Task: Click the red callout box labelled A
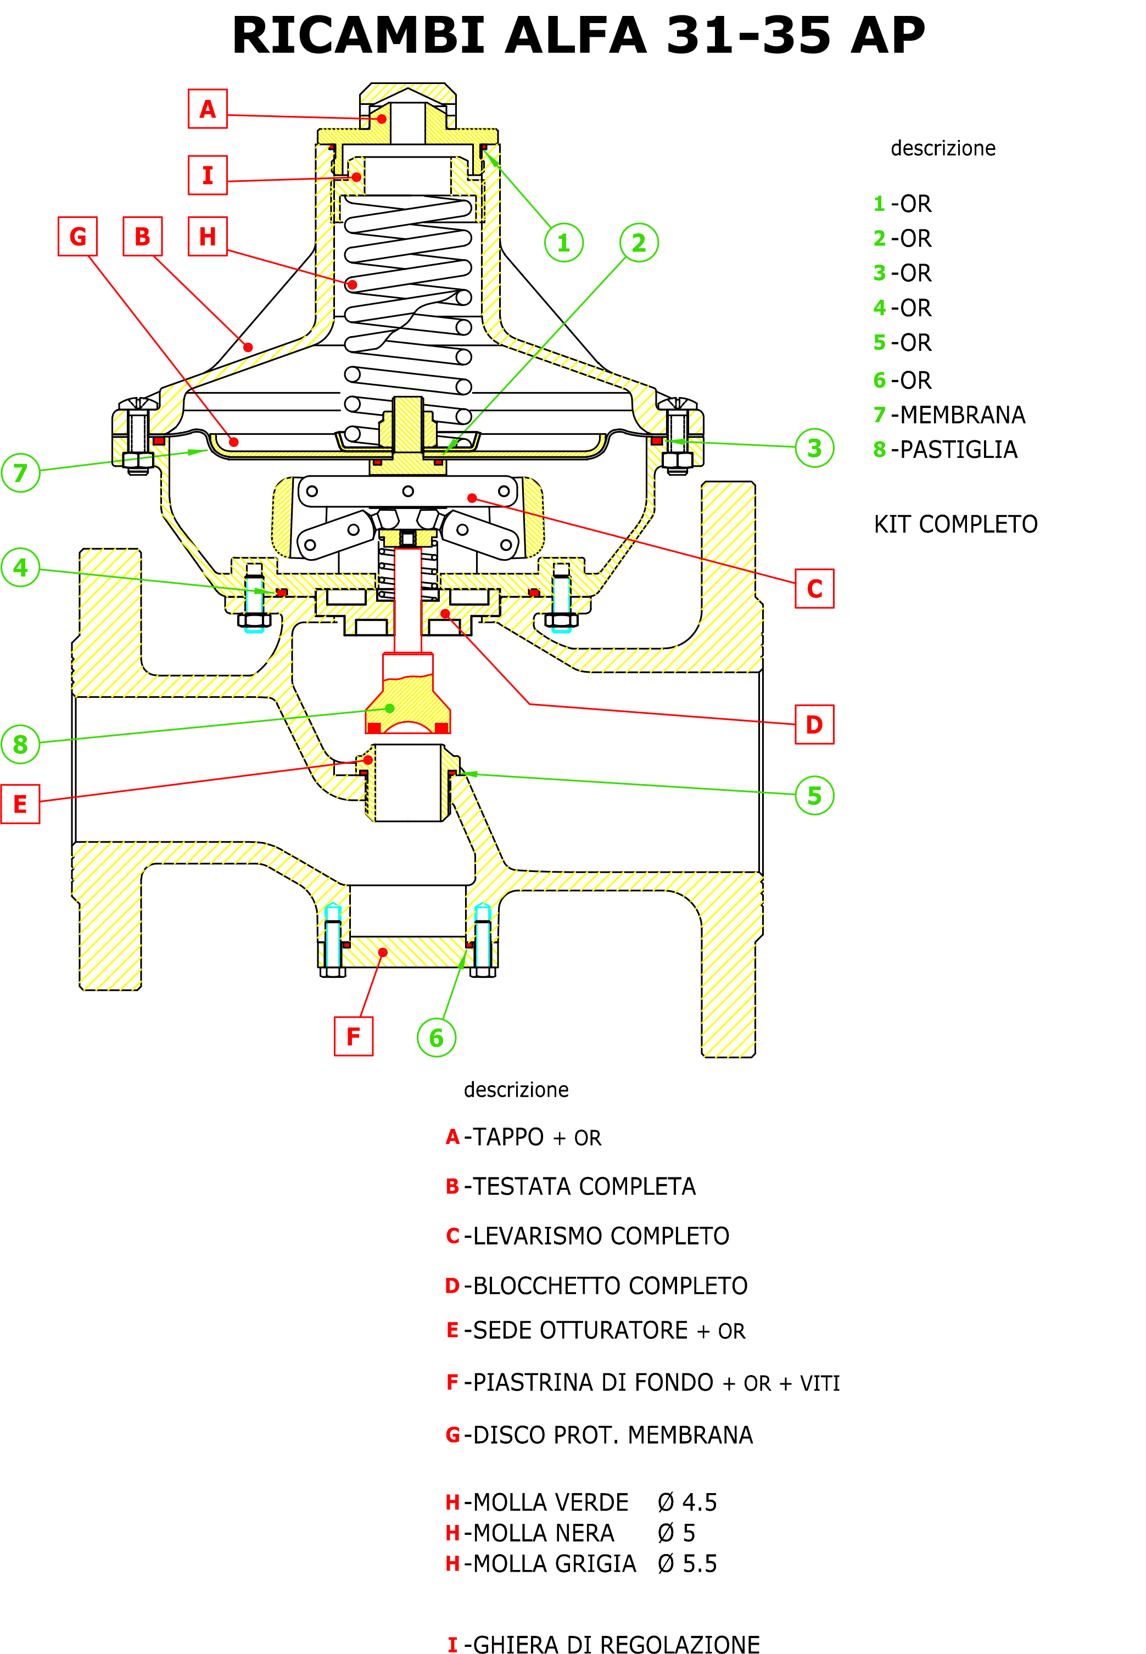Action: click(x=208, y=109)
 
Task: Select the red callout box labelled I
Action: click(x=208, y=175)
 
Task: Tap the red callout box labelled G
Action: click(x=77, y=236)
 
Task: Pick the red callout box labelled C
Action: click(x=814, y=589)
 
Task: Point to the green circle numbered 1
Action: click(x=564, y=243)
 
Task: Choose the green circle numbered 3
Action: click(x=814, y=448)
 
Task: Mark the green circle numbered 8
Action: click(x=20, y=745)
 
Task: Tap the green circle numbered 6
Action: click(x=436, y=1037)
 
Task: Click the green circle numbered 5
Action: click(x=814, y=795)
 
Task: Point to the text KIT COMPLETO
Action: click(x=955, y=524)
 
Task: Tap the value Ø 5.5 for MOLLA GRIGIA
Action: click(x=687, y=1563)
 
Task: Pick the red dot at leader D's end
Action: click(x=445, y=614)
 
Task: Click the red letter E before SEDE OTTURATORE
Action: click(x=452, y=1330)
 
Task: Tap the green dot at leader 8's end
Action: click(x=390, y=708)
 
